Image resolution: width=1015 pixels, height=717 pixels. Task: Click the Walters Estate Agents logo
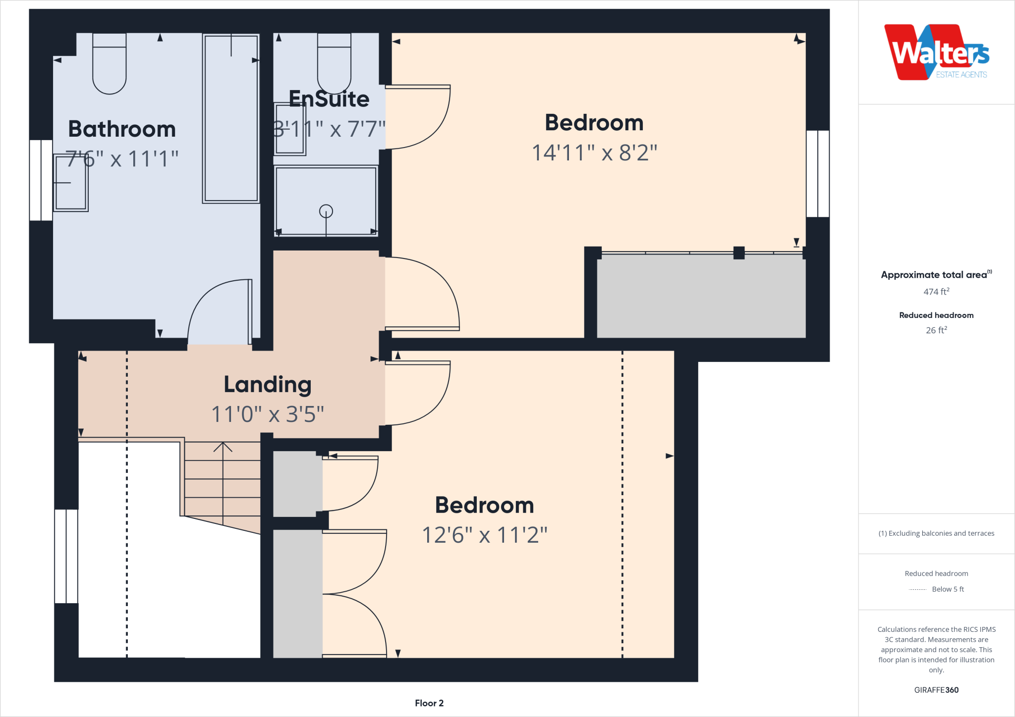936,52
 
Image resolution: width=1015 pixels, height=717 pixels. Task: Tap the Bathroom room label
122,129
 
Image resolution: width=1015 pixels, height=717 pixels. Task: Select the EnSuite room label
329,99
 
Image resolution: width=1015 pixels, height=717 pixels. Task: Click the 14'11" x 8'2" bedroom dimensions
594,153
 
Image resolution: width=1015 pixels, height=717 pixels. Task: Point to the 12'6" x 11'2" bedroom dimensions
484,535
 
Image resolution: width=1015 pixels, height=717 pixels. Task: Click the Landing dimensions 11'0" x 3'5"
268,414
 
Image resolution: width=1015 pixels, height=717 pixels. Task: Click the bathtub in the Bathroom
231,119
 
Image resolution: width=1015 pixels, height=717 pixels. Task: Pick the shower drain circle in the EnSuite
326,211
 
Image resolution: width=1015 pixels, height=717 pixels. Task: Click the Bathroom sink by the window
70,183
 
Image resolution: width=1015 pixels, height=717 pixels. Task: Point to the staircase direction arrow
223,447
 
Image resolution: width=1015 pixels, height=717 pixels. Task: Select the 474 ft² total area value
936,292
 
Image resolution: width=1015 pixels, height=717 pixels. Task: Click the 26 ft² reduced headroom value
936,330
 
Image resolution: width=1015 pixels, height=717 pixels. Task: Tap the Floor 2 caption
429,703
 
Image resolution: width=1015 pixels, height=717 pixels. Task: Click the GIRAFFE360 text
936,690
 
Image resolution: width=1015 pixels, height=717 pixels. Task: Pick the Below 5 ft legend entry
947,589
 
